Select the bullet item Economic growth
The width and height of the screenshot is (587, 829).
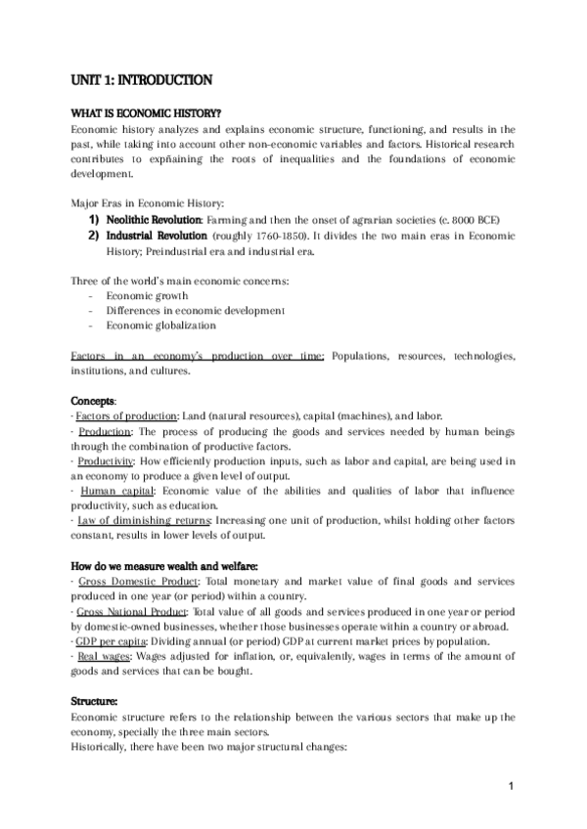(147, 296)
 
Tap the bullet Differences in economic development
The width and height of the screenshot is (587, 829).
(196, 311)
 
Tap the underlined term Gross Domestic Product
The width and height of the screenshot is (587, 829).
(134, 581)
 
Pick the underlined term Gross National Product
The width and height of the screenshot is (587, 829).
(133, 611)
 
